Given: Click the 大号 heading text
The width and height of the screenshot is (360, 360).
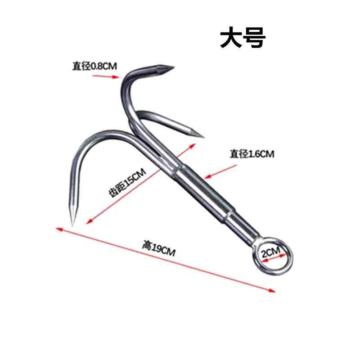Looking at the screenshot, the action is point(243,39).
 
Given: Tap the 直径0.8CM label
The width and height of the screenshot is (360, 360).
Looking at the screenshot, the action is point(94,66).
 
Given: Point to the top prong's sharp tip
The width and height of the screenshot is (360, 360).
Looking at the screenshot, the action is point(172,68).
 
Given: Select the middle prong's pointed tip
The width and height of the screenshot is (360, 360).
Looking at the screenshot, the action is point(202,136).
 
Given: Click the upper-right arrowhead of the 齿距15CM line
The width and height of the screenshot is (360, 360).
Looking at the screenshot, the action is point(193,145).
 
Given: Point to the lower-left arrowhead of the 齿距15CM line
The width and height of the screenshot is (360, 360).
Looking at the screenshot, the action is point(89,221).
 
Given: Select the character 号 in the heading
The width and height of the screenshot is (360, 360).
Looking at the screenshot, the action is point(255,39).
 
